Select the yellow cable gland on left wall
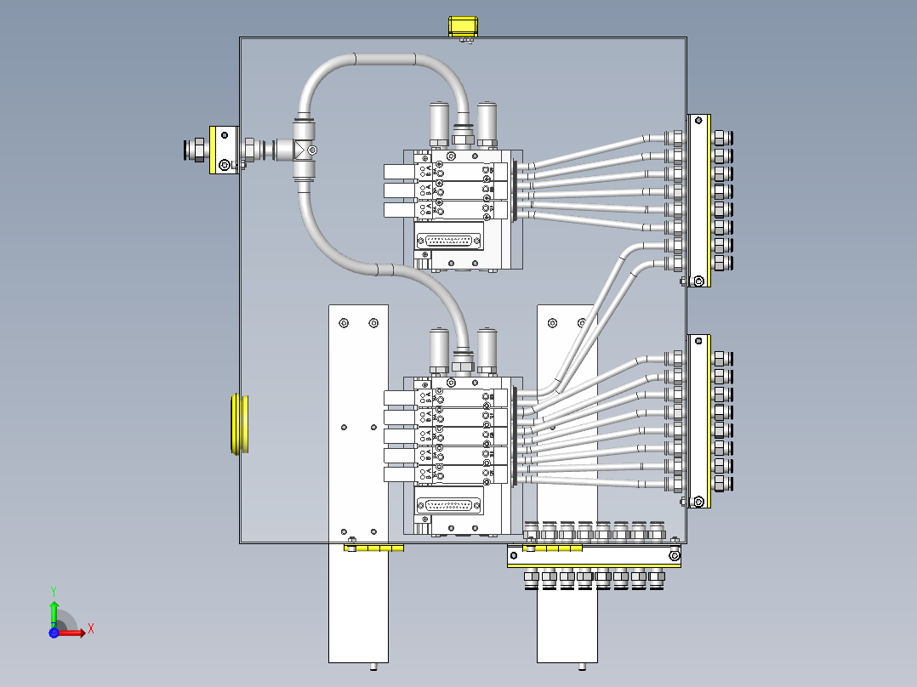click(x=237, y=423)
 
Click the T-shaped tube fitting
click(x=305, y=150)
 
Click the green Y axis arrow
click(x=53, y=607)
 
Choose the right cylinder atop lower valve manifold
click(x=487, y=347)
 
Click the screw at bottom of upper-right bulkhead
click(x=698, y=281)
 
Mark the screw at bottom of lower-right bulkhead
click(x=698, y=501)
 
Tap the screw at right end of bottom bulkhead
click(x=674, y=557)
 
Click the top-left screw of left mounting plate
click(x=343, y=323)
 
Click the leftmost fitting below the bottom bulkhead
click(x=529, y=577)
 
